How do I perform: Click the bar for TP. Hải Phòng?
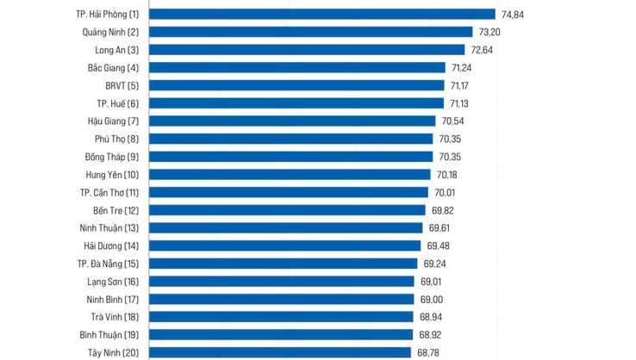click(x=322, y=14)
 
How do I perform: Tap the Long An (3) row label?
click(x=116, y=50)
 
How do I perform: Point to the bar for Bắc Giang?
click(x=297, y=67)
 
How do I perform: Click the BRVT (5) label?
click(x=120, y=85)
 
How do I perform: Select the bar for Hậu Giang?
click(x=292, y=121)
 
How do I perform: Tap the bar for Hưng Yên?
click(x=290, y=174)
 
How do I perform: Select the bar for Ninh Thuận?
click(x=287, y=227)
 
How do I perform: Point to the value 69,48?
click(x=440, y=245)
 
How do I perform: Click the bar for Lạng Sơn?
click(x=283, y=281)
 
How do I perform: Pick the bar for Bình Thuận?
click(x=282, y=334)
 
